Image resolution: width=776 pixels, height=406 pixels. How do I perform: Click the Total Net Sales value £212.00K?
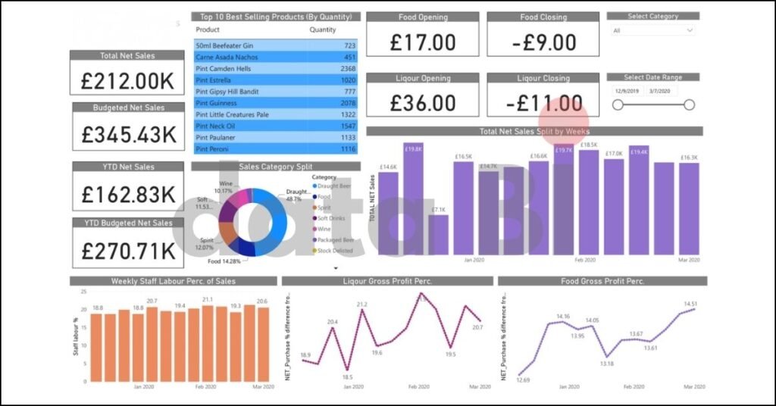pos(127,80)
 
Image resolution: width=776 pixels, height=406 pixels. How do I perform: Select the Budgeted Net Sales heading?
pos(129,108)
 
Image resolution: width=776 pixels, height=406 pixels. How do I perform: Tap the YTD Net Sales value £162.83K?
pos(128,193)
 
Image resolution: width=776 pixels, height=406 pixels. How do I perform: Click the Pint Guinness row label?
pos(216,103)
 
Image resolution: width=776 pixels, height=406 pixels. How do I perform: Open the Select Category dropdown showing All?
pos(652,30)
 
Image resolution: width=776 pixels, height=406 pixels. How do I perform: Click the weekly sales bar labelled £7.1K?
pos(438,236)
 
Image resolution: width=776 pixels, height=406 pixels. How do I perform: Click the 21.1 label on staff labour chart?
pos(207,300)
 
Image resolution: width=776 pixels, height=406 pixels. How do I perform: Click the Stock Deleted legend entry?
pos(335,250)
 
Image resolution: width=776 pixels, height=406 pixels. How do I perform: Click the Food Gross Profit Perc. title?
pos(602,281)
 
